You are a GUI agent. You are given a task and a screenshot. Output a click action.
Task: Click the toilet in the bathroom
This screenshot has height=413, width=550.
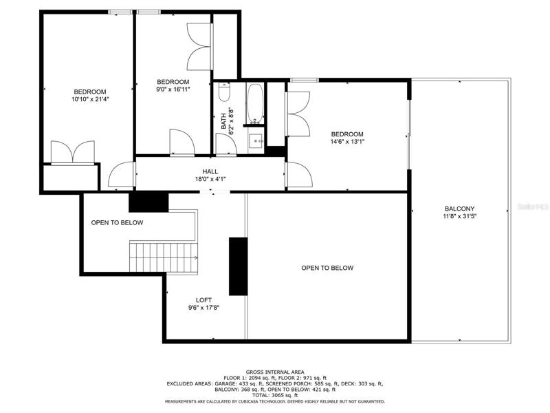(224, 92)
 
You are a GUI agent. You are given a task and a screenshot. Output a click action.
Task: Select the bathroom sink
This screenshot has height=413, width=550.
(256, 140)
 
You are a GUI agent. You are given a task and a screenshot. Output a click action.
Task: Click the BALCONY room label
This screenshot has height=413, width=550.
(459, 209)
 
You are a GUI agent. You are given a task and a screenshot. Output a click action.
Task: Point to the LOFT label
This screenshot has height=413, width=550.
(203, 300)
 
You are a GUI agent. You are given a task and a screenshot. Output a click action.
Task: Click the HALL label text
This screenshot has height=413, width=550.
(210, 171)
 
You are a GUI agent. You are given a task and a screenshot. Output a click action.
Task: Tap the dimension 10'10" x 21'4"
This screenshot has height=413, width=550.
(90, 99)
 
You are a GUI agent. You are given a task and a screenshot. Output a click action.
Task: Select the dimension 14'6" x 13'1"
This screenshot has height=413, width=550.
(347, 142)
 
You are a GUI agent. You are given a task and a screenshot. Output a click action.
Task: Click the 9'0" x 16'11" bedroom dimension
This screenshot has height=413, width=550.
(173, 89)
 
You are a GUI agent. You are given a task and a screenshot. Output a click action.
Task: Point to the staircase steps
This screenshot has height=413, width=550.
(164, 257)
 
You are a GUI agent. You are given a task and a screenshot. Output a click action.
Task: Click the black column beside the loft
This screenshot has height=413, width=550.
(238, 266)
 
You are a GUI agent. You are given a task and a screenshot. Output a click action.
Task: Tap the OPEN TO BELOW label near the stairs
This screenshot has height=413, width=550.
(117, 222)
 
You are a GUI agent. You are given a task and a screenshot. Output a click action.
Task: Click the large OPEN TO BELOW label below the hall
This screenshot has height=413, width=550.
(327, 268)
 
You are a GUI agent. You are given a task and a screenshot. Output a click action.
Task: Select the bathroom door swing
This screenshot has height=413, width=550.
(226, 144)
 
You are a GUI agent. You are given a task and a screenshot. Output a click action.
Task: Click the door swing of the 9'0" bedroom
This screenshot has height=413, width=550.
(182, 142)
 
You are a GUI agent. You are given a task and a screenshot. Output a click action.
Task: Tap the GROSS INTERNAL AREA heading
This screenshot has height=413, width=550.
(275, 372)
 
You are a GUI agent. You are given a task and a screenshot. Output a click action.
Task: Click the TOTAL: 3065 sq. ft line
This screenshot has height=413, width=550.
(275, 395)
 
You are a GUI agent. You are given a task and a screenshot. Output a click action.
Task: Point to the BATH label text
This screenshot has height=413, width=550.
(224, 121)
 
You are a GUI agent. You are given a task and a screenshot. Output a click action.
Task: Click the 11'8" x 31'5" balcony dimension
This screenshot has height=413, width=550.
(459, 216)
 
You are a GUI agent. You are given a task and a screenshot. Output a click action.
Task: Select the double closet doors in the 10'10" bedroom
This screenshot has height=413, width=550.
(73, 152)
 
